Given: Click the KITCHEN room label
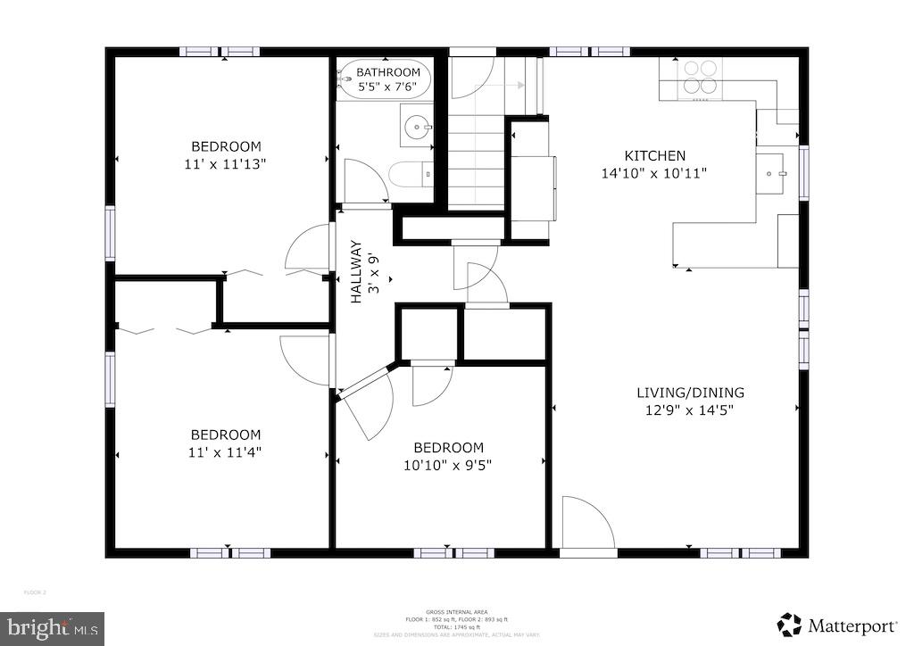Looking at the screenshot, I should (x=654, y=155).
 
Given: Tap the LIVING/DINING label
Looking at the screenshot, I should (x=690, y=393).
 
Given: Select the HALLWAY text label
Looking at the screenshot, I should (x=355, y=271).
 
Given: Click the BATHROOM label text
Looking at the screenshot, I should (x=388, y=72).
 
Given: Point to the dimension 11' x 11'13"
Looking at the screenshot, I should (x=226, y=164).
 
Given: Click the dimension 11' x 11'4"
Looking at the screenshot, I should (x=225, y=451).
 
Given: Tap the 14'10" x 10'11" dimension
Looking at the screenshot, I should (x=654, y=173).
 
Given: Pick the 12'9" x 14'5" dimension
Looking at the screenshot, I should (x=690, y=410).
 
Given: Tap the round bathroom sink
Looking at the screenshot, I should (x=415, y=128).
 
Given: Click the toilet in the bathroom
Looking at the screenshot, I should (x=411, y=172).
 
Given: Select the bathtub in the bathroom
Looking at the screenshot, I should (x=385, y=79).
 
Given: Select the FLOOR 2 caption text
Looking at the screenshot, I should (x=35, y=593).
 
